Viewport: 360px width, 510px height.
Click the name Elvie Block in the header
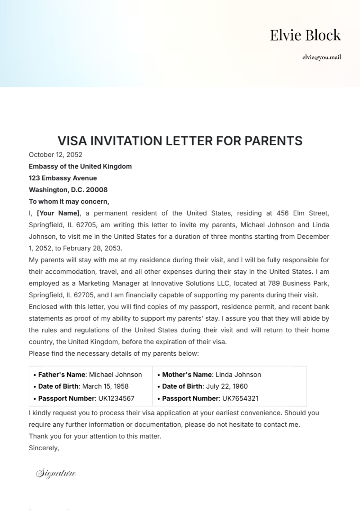305,35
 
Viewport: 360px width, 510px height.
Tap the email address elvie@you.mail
321,57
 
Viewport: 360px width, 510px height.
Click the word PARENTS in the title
273,141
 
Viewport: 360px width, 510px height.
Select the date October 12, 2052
55,155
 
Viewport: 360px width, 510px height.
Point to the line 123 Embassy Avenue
63,178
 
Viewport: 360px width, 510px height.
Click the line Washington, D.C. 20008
68,190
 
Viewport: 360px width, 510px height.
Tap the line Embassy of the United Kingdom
80,166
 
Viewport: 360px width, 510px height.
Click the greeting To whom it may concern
69,201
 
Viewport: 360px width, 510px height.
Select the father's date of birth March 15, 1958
105,386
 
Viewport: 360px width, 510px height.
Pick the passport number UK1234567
116,398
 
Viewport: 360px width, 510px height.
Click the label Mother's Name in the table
187,375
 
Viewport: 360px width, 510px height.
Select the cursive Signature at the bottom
56,473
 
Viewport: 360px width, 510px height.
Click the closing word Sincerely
44,448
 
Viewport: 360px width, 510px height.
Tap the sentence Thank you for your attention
95,436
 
